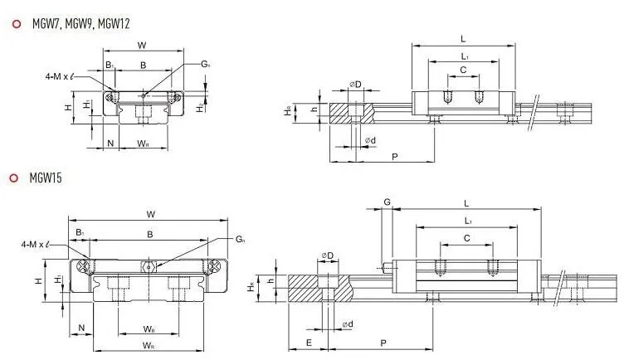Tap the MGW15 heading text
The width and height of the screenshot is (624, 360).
tap(46, 178)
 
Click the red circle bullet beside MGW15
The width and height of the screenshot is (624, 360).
tap(14, 178)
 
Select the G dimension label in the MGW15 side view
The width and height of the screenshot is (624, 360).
tap(387, 202)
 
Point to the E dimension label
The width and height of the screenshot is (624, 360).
tap(308, 342)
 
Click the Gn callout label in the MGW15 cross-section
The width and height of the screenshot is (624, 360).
tap(240, 241)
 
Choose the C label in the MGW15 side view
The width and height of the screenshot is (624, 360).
tap(467, 237)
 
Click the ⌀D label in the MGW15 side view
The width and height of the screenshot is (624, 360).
tap(327, 255)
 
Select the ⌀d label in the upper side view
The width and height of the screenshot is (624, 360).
tap(370, 141)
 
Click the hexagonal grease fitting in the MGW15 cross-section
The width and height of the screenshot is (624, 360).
tap(150, 266)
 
